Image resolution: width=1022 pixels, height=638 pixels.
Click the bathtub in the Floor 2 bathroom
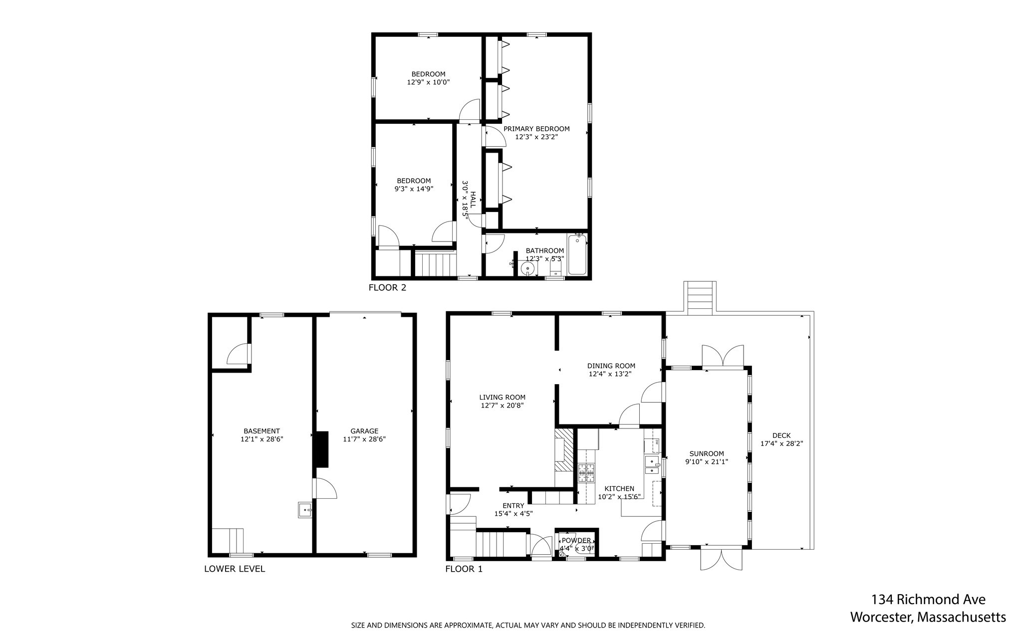click(x=577, y=255)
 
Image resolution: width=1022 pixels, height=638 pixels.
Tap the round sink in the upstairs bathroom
click(x=527, y=269)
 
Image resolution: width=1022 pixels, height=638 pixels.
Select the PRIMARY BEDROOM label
click(x=536, y=129)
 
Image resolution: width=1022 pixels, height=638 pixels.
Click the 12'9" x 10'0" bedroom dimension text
click(x=428, y=82)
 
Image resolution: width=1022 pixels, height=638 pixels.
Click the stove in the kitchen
click(x=586, y=473)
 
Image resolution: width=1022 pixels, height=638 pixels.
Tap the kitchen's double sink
click(x=652, y=464)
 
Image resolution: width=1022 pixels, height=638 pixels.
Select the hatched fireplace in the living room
click(x=563, y=449)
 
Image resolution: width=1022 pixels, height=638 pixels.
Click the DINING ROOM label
click(x=611, y=366)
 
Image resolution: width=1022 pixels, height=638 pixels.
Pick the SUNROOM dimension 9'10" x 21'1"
click(x=706, y=462)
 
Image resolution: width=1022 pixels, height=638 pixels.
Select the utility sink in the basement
click(x=305, y=510)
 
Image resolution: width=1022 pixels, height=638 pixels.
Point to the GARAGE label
click(x=364, y=431)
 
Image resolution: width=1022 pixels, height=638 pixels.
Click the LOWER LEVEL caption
click(x=235, y=569)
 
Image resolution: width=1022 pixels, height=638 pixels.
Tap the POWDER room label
click(x=576, y=541)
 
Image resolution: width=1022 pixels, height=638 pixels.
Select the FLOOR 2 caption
click(x=387, y=288)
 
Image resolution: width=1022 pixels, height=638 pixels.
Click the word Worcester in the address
click(x=881, y=617)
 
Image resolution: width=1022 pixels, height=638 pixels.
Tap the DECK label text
click(x=781, y=435)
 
